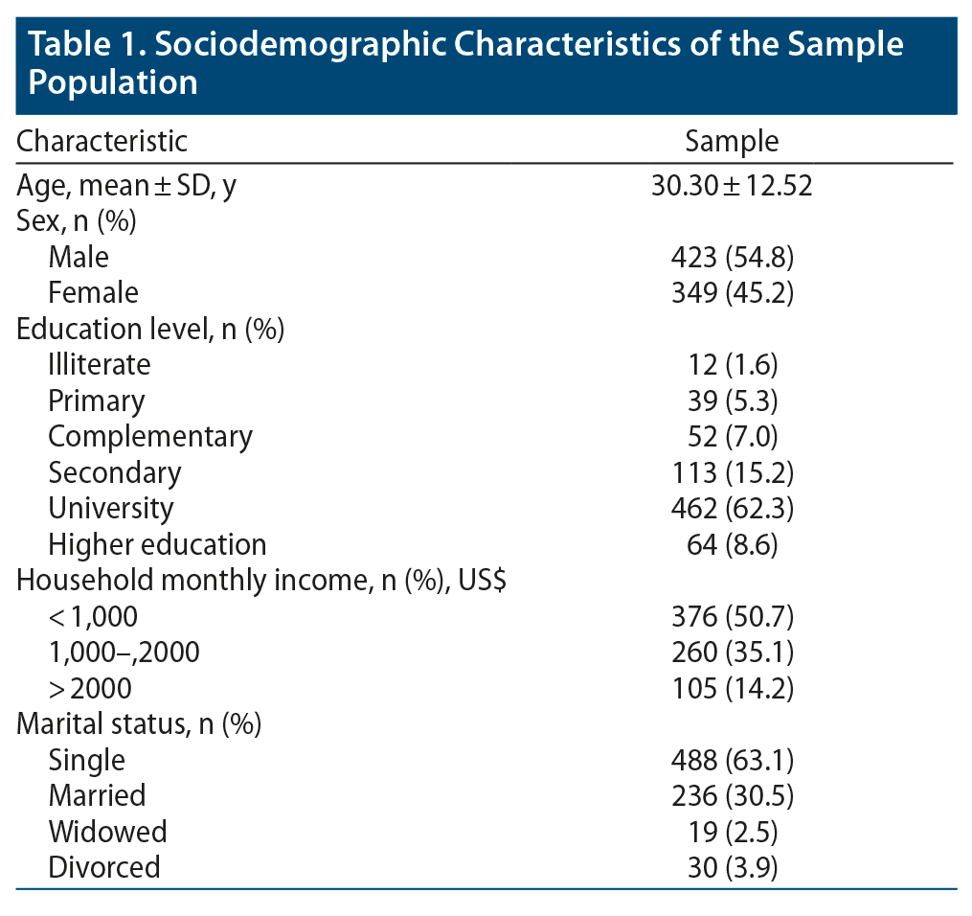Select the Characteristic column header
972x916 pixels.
coord(102,141)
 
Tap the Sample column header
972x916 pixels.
coord(732,141)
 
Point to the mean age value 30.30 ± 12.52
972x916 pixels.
coord(732,185)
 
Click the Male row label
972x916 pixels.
coord(79,257)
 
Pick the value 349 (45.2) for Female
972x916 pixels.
coord(732,292)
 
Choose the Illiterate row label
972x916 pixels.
coord(100,364)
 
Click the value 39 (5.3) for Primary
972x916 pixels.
coord(732,401)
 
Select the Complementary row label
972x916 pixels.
coord(150,436)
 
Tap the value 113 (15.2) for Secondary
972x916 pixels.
coord(732,472)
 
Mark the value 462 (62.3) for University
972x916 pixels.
coord(732,508)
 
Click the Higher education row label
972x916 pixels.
coord(157,544)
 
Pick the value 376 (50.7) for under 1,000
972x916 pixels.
coord(732,616)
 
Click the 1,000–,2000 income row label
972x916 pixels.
coord(124,653)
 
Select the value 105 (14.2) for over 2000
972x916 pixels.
coord(732,688)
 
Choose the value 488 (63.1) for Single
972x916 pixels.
coord(732,760)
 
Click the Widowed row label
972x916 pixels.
coord(107,831)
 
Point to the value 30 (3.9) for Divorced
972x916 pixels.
coord(732,867)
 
